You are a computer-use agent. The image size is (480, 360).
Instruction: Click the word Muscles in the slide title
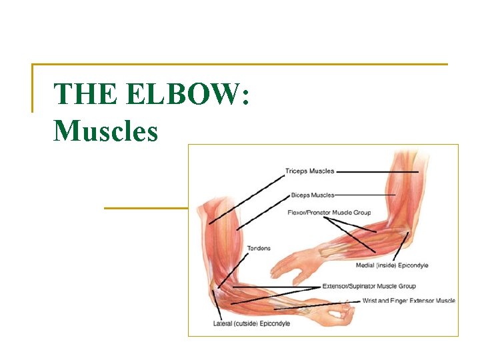(x=106, y=130)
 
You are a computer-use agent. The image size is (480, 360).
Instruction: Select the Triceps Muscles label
(x=310, y=171)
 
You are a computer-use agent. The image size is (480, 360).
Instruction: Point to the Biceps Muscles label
(x=313, y=195)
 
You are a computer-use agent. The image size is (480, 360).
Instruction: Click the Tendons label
(x=259, y=249)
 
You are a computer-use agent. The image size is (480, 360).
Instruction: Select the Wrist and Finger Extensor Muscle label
(x=409, y=301)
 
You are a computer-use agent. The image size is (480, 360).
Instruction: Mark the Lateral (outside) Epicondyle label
(x=251, y=324)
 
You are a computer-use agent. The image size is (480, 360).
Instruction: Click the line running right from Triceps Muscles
(x=377, y=171)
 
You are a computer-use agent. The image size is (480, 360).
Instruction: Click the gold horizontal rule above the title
(x=240, y=65)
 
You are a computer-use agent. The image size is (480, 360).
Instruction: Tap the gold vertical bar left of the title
(x=33, y=88)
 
